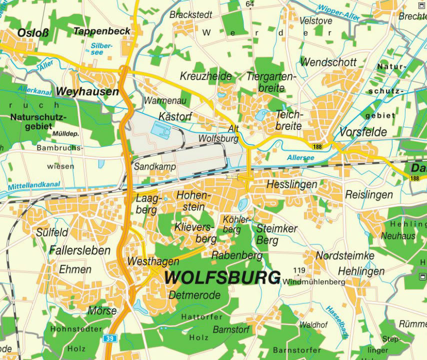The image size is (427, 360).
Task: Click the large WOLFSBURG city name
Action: [x=222, y=277]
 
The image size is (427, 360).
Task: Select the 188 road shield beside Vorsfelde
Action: [x=317, y=146]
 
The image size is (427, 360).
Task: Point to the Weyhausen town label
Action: [x=87, y=91]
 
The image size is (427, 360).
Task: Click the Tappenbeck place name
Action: [x=101, y=31]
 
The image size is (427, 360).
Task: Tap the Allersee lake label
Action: [x=301, y=158]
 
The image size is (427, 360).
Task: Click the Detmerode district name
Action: [x=194, y=295]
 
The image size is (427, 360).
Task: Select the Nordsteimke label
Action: [x=345, y=255]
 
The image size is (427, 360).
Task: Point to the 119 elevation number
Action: [x=299, y=270]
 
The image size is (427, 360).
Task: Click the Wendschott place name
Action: [x=328, y=62]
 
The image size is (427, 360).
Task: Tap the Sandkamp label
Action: [x=155, y=166]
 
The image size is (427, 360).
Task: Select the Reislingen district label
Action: [x=369, y=194]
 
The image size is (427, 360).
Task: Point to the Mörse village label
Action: [x=102, y=310]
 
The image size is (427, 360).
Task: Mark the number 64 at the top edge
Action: [x=249, y=4]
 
